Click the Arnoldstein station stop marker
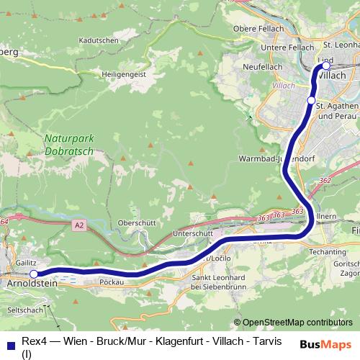pyautogui.click(x=33, y=274)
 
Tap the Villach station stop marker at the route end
pyautogui.click(x=325, y=66)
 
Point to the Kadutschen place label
pyautogui.click(x=99, y=41)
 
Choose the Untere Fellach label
pyautogui.click(x=264, y=48)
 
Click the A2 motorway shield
pyautogui.click(x=79, y=226)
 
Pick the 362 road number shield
pyautogui.click(x=325, y=180)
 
